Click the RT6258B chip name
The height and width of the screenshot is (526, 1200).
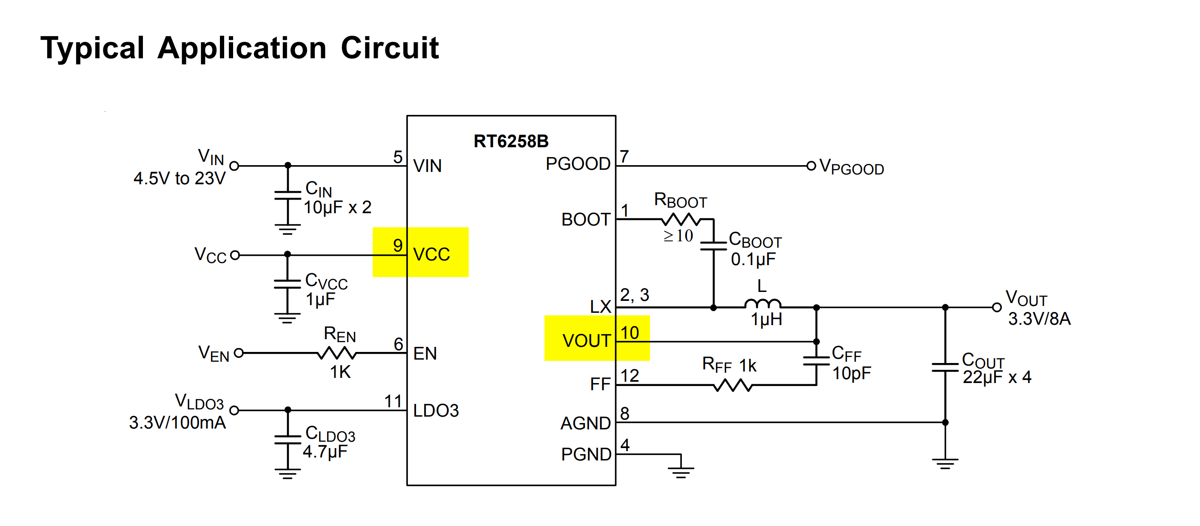[x=511, y=141]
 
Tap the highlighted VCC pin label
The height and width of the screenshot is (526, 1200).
[x=431, y=254]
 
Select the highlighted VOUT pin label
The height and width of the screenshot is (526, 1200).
[x=586, y=340]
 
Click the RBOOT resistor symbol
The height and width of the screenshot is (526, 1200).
[x=681, y=219]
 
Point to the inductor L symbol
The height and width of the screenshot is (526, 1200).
[x=763, y=304]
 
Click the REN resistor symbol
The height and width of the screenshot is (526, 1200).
[x=336, y=354]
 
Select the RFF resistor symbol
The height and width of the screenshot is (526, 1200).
[x=733, y=385]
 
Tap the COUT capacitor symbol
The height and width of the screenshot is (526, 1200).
[x=945, y=368]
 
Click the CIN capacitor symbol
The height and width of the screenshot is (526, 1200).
[x=288, y=195]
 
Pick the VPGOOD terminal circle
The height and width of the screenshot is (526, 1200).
[x=811, y=166]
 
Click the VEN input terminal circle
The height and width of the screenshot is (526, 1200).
[x=239, y=353]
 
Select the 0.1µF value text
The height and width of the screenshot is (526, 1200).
[x=753, y=260]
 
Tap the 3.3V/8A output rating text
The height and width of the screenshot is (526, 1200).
[x=1039, y=319]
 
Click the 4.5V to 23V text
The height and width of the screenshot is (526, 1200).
[x=180, y=178]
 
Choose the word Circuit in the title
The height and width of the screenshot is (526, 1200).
[x=390, y=48]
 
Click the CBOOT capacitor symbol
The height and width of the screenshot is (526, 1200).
[x=713, y=246]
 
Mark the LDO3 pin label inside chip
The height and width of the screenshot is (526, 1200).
[x=436, y=410]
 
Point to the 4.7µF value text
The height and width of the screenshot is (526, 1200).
[x=325, y=452]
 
